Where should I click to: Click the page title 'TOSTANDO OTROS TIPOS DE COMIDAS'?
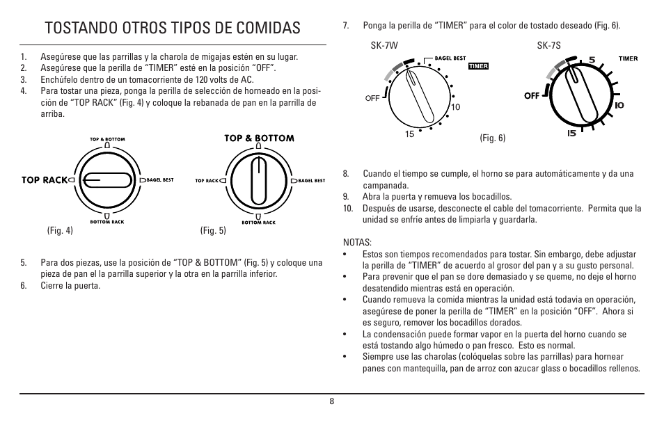click(171, 28)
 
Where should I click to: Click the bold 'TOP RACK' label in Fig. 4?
click(44, 179)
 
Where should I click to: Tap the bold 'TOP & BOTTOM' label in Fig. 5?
click(258, 138)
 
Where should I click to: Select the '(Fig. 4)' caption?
click(60, 231)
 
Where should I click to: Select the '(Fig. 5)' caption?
click(213, 231)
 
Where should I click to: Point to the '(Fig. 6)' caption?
click(492, 138)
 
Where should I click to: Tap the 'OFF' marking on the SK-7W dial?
click(372, 98)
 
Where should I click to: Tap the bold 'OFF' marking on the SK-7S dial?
click(532, 95)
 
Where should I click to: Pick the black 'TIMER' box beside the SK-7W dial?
click(479, 67)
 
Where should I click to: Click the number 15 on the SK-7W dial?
click(410, 134)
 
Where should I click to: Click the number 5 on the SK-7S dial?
click(592, 60)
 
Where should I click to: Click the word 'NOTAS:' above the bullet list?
click(358, 242)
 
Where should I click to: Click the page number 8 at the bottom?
click(332, 401)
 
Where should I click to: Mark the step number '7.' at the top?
click(346, 26)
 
